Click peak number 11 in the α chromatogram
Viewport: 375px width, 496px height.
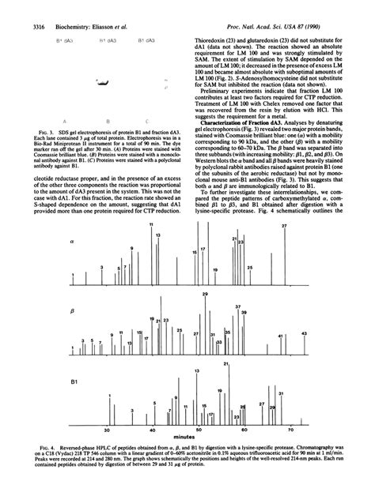coord(150,225)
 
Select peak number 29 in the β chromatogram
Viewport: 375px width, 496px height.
coord(183,293)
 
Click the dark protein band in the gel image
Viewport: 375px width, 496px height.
coord(104,82)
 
